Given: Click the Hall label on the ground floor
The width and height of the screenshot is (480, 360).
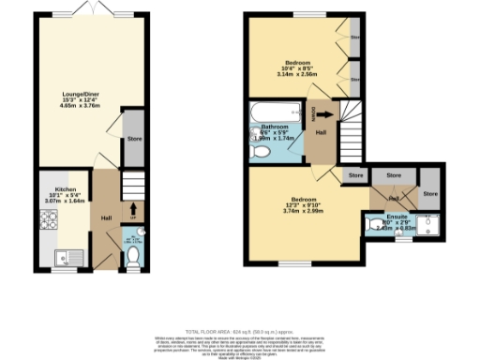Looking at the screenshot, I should pos(106,219).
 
